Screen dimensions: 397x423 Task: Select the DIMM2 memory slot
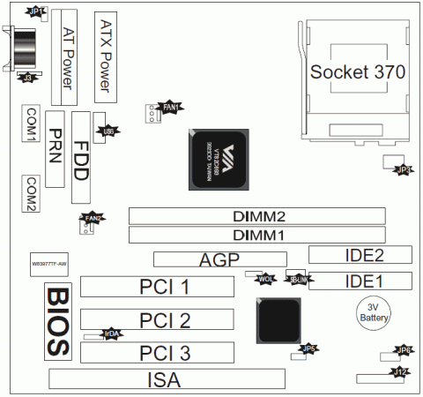click(x=258, y=216)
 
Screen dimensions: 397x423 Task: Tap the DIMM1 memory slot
click(x=258, y=235)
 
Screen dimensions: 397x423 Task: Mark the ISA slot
click(x=167, y=380)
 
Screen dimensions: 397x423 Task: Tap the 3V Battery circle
click(x=373, y=314)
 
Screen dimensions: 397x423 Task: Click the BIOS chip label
click(x=57, y=319)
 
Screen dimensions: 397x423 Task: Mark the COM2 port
click(x=32, y=193)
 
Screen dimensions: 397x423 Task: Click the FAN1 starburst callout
click(x=172, y=107)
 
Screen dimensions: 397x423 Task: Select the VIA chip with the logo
click(x=219, y=160)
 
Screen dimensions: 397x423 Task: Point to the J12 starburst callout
click(x=402, y=372)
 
